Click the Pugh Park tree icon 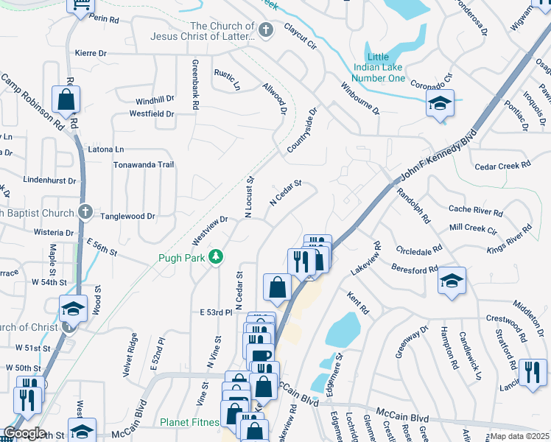pos(216,256)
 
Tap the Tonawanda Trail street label pos(143,165)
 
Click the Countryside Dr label pos(301,133)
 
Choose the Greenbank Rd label pos(196,84)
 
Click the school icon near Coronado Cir pos(440,104)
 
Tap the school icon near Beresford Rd pos(452,281)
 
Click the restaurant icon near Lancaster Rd pos(533,372)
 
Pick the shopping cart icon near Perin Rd pos(80,5)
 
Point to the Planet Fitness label pos(191,423)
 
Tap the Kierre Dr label pos(91,53)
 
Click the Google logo pos(24,433)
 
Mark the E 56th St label pos(102,247)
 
